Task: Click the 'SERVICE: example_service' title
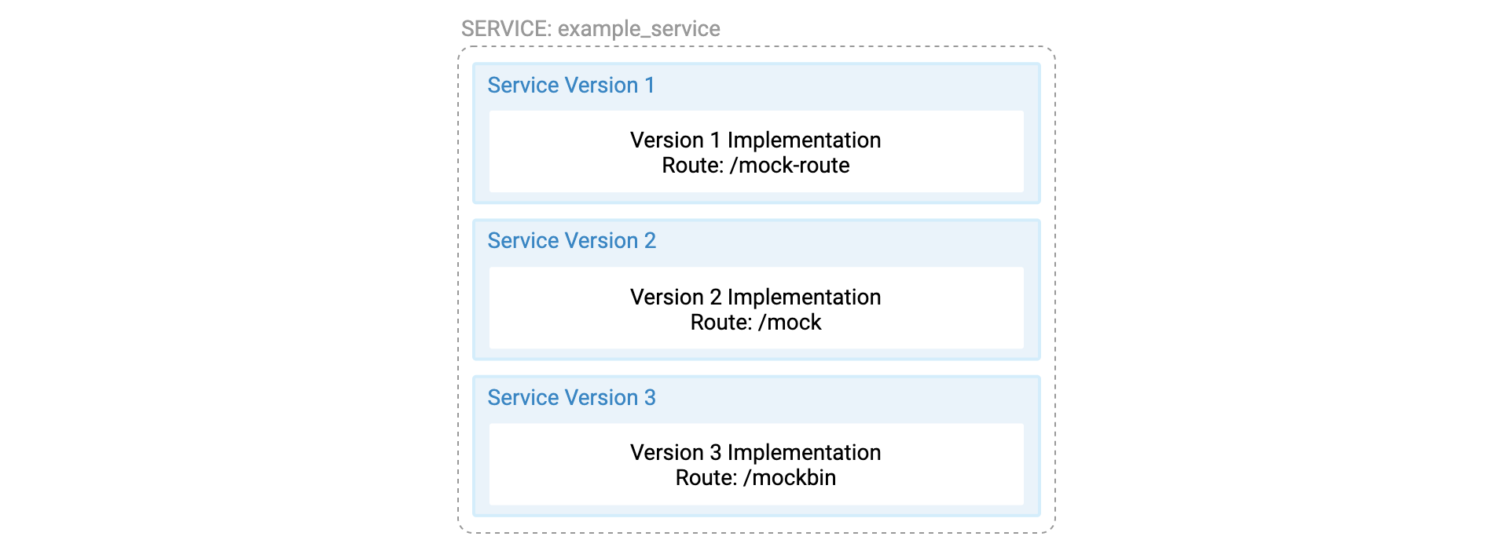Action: click(x=590, y=29)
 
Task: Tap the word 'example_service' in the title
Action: click(x=639, y=29)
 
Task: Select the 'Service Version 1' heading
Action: click(x=571, y=85)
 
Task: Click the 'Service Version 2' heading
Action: click(x=572, y=240)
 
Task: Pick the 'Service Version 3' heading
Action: click(x=572, y=397)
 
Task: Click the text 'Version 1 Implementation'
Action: click(x=756, y=140)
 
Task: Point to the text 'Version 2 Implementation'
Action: click(x=756, y=297)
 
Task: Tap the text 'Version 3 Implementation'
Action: click(x=756, y=452)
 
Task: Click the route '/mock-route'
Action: click(x=790, y=165)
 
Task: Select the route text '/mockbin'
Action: click(x=790, y=477)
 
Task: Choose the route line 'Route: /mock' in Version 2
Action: click(x=756, y=322)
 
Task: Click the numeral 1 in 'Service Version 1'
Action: click(x=650, y=85)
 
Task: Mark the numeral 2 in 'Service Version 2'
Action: click(x=651, y=240)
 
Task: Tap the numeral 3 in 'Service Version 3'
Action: click(x=651, y=397)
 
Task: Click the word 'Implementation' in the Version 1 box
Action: click(x=805, y=140)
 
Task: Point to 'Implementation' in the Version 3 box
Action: click(x=805, y=452)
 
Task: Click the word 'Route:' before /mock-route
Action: click(x=693, y=165)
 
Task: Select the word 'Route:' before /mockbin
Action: click(x=706, y=477)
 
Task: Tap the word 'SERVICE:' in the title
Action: click(x=507, y=29)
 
